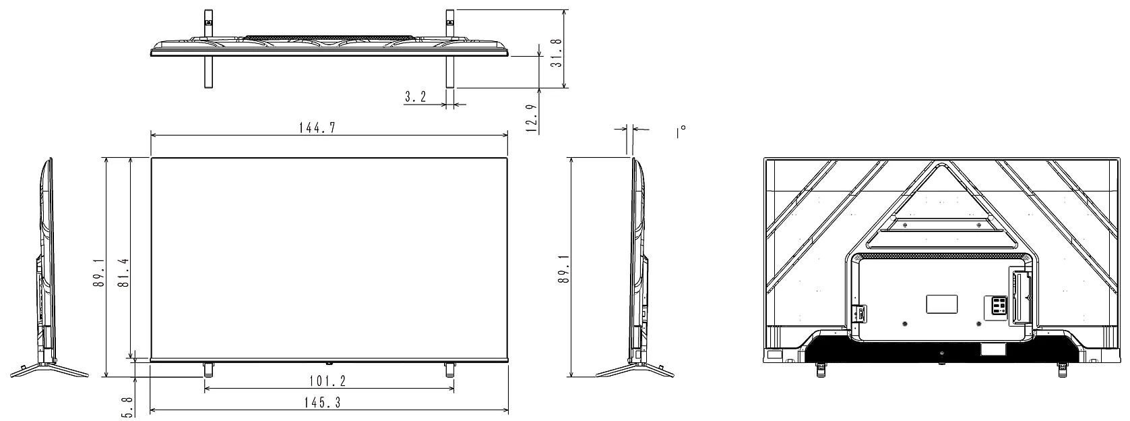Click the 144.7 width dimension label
coord(317,128)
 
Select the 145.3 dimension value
coord(322,402)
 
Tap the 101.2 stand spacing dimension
coord(328,381)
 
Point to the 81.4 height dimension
coord(123,273)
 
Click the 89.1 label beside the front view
coord(98,273)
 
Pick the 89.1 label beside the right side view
coord(564,269)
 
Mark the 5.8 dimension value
coord(127,407)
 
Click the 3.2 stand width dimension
coord(416,96)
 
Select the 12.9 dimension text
coord(531,118)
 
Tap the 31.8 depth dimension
coord(556,53)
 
